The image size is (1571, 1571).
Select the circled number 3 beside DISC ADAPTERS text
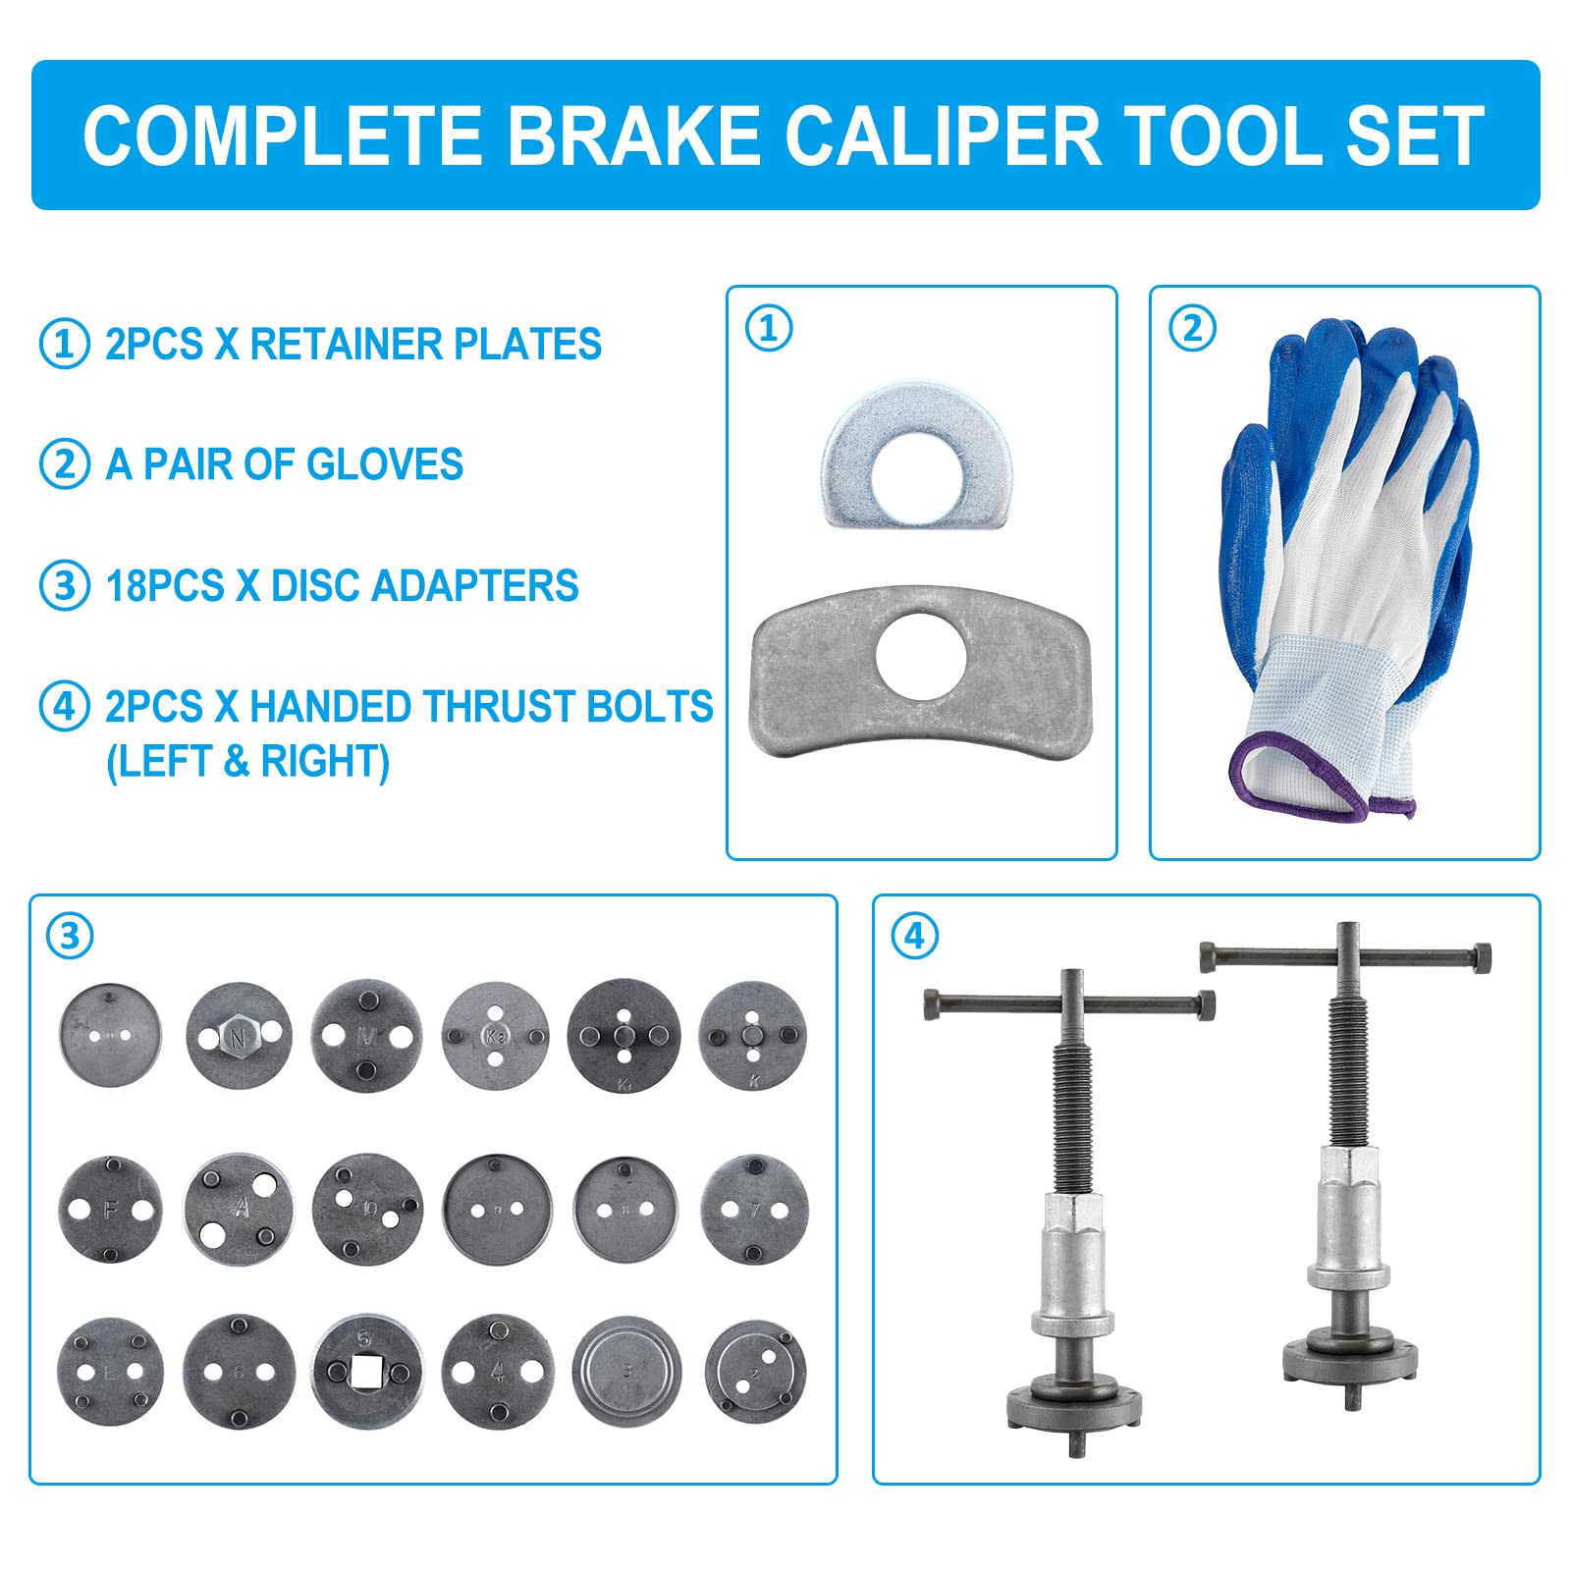click(x=65, y=585)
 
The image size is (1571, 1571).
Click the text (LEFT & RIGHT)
click(x=247, y=762)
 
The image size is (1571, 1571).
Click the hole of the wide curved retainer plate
click(x=921, y=656)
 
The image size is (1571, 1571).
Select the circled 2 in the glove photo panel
click(x=1192, y=329)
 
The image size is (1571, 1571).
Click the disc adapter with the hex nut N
click(x=239, y=1036)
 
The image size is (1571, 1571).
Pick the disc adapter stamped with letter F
click(x=110, y=1210)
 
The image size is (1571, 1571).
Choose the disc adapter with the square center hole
click(x=367, y=1372)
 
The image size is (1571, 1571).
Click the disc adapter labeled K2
click(x=495, y=1034)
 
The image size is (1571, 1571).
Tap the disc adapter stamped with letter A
click(x=239, y=1208)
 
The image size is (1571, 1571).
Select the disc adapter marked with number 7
click(x=754, y=1209)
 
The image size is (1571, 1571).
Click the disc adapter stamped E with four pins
click(x=110, y=1372)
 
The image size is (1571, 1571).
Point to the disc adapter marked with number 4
click(x=497, y=1371)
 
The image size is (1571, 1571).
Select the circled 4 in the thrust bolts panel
click(x=914, y=936)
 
